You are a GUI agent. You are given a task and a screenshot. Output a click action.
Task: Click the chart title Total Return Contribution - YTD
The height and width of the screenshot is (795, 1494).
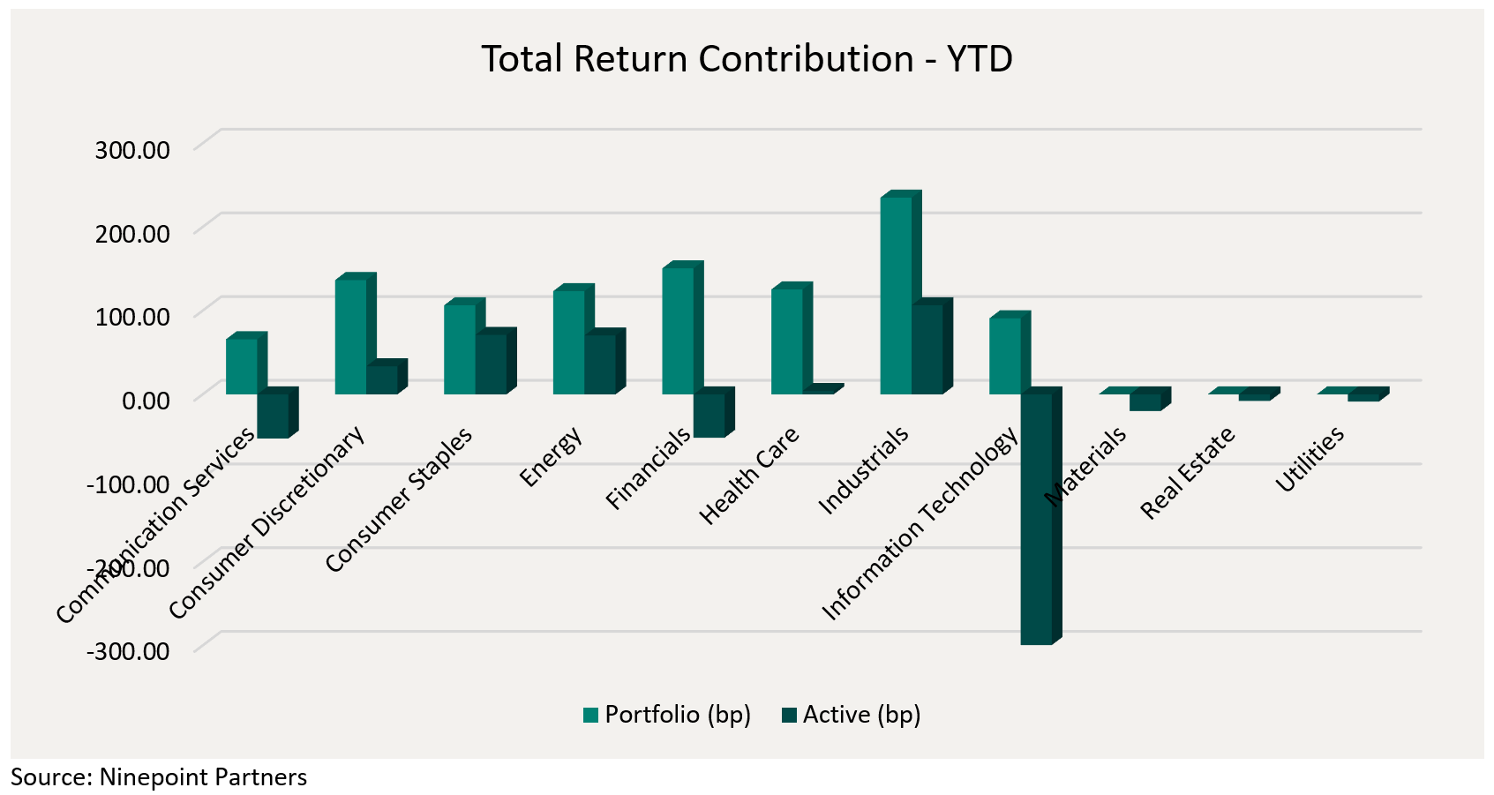point(747,60)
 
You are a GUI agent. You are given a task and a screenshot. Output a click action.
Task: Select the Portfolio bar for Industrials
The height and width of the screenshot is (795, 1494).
point(896,295)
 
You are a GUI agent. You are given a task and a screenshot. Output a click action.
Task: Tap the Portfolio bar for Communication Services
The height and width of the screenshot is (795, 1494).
point(241,365)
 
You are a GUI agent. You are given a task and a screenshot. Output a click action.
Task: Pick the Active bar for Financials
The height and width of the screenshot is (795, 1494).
point(709,415)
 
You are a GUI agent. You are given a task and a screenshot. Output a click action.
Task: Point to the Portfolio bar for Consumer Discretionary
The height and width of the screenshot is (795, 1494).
point(350,336)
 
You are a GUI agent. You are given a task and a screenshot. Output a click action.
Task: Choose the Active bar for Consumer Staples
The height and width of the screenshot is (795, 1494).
point(491,364)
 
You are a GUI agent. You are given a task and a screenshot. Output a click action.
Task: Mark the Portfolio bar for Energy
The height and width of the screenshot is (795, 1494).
point(568,341)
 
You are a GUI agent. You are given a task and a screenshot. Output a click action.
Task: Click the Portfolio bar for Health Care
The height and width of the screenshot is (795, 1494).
point(786,341)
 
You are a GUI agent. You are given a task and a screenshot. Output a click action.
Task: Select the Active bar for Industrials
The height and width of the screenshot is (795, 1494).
point(927,349)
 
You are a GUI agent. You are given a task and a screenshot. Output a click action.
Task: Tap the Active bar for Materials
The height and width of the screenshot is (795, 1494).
point(1145,401)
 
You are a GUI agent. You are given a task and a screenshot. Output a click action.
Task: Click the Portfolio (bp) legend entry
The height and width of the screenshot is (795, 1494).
point(667,715)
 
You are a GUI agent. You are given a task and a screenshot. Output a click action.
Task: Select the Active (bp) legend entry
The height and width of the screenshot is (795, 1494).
point(851,715)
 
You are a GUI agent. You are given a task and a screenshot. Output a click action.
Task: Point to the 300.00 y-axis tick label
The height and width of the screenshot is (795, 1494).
point(132,149)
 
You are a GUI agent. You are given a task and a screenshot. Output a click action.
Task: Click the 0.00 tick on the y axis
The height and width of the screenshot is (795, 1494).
point(146,401)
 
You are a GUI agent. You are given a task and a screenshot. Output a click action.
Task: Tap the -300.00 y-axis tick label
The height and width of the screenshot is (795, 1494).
point(129,651)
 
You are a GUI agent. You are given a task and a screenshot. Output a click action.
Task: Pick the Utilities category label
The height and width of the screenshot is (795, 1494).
point(1310,459)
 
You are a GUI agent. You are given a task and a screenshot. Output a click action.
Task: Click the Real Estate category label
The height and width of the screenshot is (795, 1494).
point(1188,473)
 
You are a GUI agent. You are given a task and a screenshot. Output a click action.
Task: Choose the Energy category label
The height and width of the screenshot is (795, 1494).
point(552,456)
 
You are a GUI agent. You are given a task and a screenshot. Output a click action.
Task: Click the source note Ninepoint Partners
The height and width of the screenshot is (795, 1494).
point(159,777)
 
